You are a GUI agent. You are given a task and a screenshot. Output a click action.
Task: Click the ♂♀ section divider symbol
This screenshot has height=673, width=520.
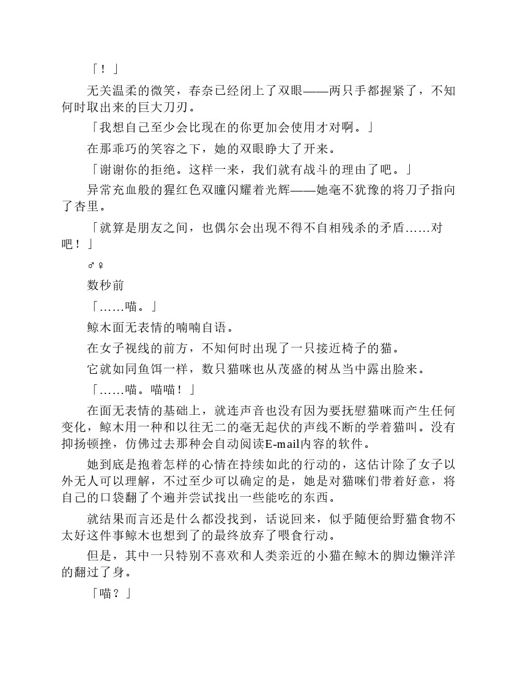(95, 265)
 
